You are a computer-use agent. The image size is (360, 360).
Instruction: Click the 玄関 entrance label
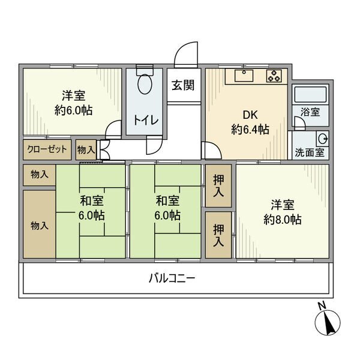[183, 85]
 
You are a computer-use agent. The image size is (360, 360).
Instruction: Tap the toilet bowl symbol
[145, 84]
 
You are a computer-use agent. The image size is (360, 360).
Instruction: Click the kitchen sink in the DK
[244, 76]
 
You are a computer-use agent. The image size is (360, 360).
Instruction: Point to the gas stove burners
[274, 76]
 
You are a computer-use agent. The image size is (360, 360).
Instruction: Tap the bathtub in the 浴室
[310, 94]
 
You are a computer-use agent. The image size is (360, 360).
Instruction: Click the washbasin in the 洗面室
[323, 139]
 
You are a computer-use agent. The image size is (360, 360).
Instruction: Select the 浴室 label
[310, 112]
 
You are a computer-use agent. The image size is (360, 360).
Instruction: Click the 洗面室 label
[310, 152]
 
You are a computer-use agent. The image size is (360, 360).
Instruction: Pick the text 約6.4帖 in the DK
[250, 130]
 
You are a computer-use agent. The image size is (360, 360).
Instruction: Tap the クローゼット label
[47, 149]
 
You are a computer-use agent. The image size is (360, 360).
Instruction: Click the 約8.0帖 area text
[283, 220]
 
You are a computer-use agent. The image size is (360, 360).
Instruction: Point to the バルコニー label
[172, 278]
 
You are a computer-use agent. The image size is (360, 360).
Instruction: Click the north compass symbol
[328, 322]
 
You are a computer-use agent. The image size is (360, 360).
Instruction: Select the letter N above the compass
[322, 305]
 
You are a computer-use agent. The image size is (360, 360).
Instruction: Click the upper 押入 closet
[218, 186]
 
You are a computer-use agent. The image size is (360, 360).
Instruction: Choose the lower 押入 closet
[218, 235]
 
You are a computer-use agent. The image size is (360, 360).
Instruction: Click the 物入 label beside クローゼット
[86, 150]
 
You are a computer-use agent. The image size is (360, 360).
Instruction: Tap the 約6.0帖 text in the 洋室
[73, 110]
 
